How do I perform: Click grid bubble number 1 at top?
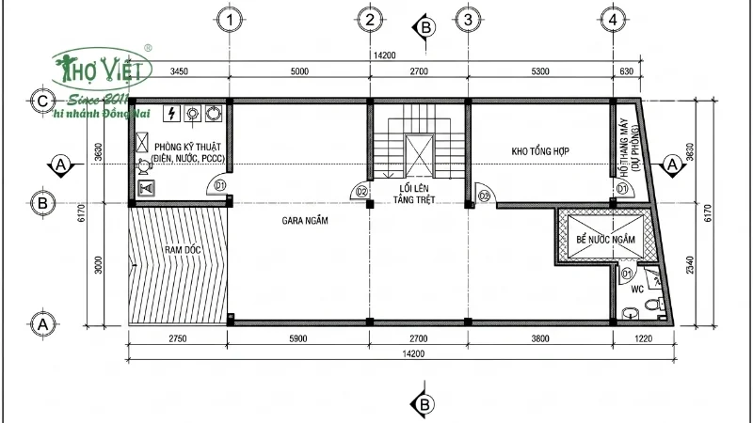click(x=230, y=19)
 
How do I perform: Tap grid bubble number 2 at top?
click(x=370, y=19)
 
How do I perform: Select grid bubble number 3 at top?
click(x=468, y=19)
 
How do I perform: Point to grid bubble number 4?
click(x=614, y=19)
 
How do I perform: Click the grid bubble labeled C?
click(x=40, y=101)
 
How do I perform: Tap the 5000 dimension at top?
click(x=299, y=71)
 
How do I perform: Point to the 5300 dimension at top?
click(x=540, y=71)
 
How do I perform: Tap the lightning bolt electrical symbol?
click(x=170, y=114)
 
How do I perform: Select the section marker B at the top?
click(x=425, y=28)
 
